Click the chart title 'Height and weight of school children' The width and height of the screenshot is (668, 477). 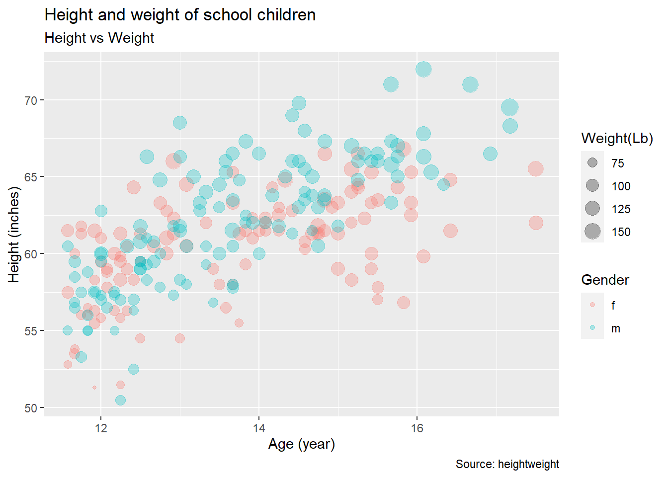coord(180,15)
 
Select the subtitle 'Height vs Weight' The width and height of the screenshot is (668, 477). coord(99,38)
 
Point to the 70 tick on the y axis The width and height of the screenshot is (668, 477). coord(31,100)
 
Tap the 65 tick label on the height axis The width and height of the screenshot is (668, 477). coord(31,177)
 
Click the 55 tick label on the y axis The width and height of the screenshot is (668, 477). coord(31,331)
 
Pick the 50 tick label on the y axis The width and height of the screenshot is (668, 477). coord(31,408)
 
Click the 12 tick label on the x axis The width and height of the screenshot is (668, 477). coord(101,428)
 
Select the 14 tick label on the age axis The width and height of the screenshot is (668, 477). coord(259,428)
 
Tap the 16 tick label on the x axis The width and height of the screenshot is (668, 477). coord(417,428)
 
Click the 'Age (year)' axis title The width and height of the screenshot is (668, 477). coord(301,444)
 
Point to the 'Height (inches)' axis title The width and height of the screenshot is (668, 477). coord(14,235)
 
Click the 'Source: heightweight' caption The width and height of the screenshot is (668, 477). coord(507,464)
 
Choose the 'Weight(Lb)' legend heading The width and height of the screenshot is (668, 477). coord(617,139)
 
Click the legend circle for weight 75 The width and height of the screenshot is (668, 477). coord(592,162)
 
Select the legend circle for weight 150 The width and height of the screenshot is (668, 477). coord(592,231)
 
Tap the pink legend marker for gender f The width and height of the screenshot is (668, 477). coord(592,305)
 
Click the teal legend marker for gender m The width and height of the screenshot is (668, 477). coord(592,328)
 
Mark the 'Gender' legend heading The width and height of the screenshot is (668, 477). coord(605,280)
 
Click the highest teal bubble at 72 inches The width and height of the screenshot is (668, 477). coord(423,69)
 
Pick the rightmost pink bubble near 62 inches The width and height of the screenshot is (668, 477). coord(536,223)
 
